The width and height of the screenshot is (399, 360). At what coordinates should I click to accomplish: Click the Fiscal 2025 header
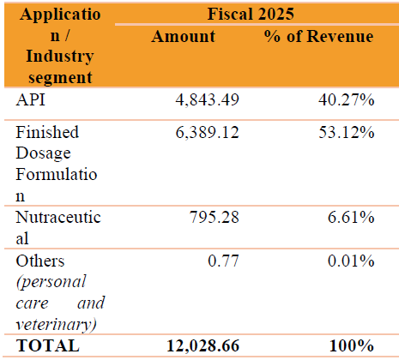coord(251,14)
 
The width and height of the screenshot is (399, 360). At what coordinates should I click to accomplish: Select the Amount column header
coord(184,36)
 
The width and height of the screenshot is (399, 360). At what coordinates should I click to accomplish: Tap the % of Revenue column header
coord(319,36)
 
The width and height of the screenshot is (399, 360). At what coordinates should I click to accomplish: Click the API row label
coord(30,99)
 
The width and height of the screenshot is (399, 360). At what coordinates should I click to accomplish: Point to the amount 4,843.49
coord(207,100)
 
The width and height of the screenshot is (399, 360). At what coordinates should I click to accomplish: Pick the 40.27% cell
coord(347,99)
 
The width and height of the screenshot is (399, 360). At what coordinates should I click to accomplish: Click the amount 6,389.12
coord(207,132)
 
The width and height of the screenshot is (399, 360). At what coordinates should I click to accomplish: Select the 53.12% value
coord(347,132)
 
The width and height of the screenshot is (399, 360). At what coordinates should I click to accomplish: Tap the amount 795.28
coord(215,217)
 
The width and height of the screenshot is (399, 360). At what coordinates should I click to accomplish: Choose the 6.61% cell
coord(351,217)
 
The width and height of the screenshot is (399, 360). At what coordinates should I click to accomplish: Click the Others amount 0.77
coord(223,261)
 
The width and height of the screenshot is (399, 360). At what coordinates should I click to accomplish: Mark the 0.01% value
coord(351,261)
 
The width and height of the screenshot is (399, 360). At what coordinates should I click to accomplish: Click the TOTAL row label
coord(48,345)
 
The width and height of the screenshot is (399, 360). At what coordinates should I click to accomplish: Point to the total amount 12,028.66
coord(203,345)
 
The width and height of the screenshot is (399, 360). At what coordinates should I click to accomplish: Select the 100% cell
coord(352,345)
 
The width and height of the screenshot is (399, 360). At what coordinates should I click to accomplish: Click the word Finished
coord(47,132)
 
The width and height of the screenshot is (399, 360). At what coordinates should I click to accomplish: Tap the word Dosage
coord(43,153)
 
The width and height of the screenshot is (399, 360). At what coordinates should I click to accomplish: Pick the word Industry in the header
coord(60,57)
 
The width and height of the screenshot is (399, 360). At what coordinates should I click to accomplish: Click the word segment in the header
coord(60,78)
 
